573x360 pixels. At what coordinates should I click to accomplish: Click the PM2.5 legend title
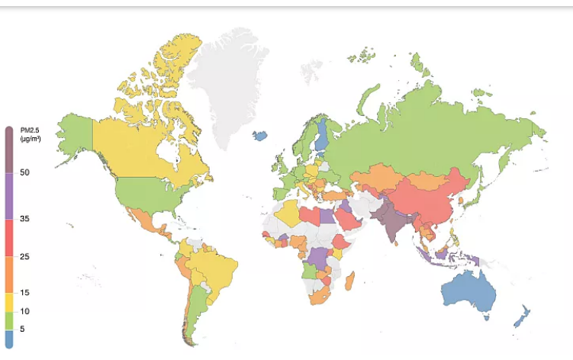pos(30,136)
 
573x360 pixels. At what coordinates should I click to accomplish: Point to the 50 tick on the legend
pos(25,172)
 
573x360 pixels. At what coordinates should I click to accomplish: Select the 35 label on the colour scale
pos(25,219)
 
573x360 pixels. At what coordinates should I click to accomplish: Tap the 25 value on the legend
pos(25,257)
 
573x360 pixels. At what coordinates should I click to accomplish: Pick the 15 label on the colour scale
pos(25,293)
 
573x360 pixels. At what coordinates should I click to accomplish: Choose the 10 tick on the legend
pos(25,311)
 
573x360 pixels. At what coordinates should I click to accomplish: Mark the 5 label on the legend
pos(24,329)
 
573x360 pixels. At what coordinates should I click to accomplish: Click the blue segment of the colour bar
pos(9,339)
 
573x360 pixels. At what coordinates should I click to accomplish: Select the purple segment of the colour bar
pos(9,196)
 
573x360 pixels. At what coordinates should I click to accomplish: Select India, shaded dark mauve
pos(394,221)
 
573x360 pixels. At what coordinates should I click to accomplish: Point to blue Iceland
pos(260,136)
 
